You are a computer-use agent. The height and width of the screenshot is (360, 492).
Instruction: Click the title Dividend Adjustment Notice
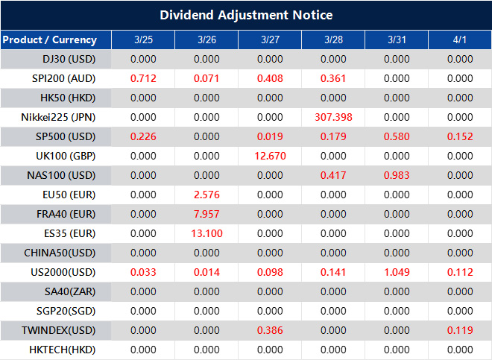246,15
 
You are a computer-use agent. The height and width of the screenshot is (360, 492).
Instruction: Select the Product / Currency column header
49,40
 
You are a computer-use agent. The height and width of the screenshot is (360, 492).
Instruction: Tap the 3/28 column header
333,40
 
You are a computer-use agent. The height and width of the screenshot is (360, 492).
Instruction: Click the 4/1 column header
460,40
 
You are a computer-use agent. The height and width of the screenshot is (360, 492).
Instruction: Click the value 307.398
333,117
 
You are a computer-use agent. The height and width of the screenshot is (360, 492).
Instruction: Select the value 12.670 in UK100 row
270,156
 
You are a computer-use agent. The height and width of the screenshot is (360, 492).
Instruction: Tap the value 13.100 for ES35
206,233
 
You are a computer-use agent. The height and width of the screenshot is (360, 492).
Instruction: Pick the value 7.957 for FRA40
206,214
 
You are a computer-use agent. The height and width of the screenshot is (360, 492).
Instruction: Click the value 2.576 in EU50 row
206,195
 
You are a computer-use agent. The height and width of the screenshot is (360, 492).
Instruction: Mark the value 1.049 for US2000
397,272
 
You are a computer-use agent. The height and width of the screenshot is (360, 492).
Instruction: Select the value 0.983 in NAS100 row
397,175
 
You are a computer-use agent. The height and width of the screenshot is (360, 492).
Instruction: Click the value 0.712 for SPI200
143,78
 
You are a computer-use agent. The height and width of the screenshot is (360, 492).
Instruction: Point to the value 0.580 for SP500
397,136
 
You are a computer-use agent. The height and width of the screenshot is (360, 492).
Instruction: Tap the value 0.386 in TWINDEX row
270,330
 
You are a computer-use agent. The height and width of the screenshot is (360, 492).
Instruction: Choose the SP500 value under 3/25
143,136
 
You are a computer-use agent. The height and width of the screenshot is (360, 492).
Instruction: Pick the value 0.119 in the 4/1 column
460,330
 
